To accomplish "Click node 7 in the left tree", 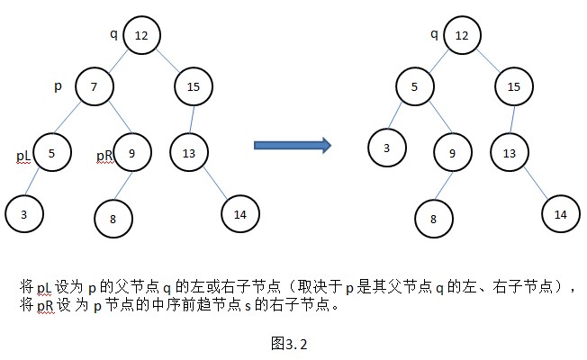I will tap(95, 87).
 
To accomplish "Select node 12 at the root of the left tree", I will tap(141, 35).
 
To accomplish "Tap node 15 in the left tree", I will tap(194, 87).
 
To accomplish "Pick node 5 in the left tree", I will tap(52, 153).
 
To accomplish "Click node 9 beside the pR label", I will tap(131, 153).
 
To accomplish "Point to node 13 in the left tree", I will tap(188, 153).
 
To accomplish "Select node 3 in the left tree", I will tap(23, 214).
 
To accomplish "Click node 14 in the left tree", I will tap(239, 214).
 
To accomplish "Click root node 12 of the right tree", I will tap(462, 35).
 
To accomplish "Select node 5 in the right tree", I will tap(415, 87).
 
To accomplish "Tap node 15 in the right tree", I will tap(514, 87).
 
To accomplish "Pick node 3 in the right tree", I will tap(387, 148).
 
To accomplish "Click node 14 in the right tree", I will tap(560, 214).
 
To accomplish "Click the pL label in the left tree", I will tap(24, 155).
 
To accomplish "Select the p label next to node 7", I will tap(58, 86).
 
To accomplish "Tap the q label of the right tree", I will tap(434, 34).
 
